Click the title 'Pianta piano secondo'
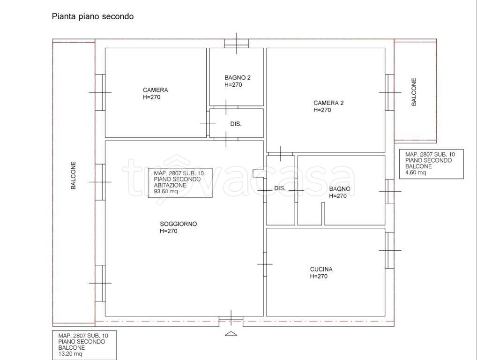pyautogui.click(x=92, y=16)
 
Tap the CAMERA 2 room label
pyautogui.click(x=328, y=103)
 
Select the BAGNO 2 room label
pyautogui.click(x=237, y=78)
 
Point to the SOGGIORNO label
pyautogui.click(x=178, y=224)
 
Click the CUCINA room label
pyautogui.click(x=321, y=269)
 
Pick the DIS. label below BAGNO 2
pyautogui.click(x=236, y=124)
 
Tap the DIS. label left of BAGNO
pyautogui.click(x=280, y=188)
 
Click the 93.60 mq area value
pyautogui.click(x=166, y=191)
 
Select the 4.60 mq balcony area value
pyautogui.click(x=416, y=172)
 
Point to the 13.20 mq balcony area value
pyautogui.click(x=70, y=353)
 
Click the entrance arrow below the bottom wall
pyautogui.click(x=231, y=333)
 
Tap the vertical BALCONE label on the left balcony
pyautogui.click(x=73, y=175)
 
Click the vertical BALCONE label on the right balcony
pyautogui.click(x=414, y=92)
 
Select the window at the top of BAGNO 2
pyautogui.click(x=236, y=43)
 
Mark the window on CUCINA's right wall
pyautogui.click(x=390, y=250)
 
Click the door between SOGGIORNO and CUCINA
pyautogui.click(x=265, y=264)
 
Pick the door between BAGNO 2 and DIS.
pyautogui.click(x=226, y=107)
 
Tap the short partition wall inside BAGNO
pyautogui.click(x=323, y=214)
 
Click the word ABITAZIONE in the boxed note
pyautogui.click(x=170, y=185)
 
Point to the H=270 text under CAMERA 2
pyautogui.click(x=322, y=110)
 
